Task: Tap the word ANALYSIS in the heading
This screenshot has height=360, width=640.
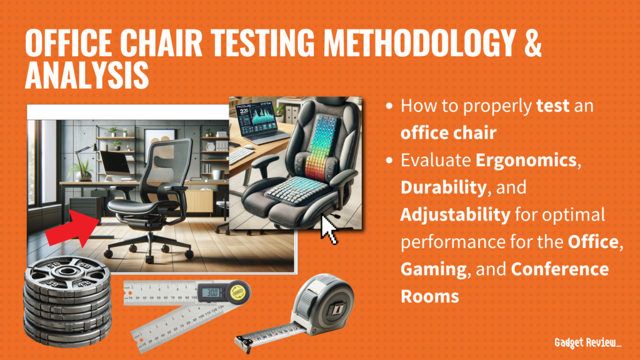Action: [x=87, y=76]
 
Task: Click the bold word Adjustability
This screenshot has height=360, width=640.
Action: [x=455, y=215]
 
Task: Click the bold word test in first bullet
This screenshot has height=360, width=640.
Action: [x=552, y=106]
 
